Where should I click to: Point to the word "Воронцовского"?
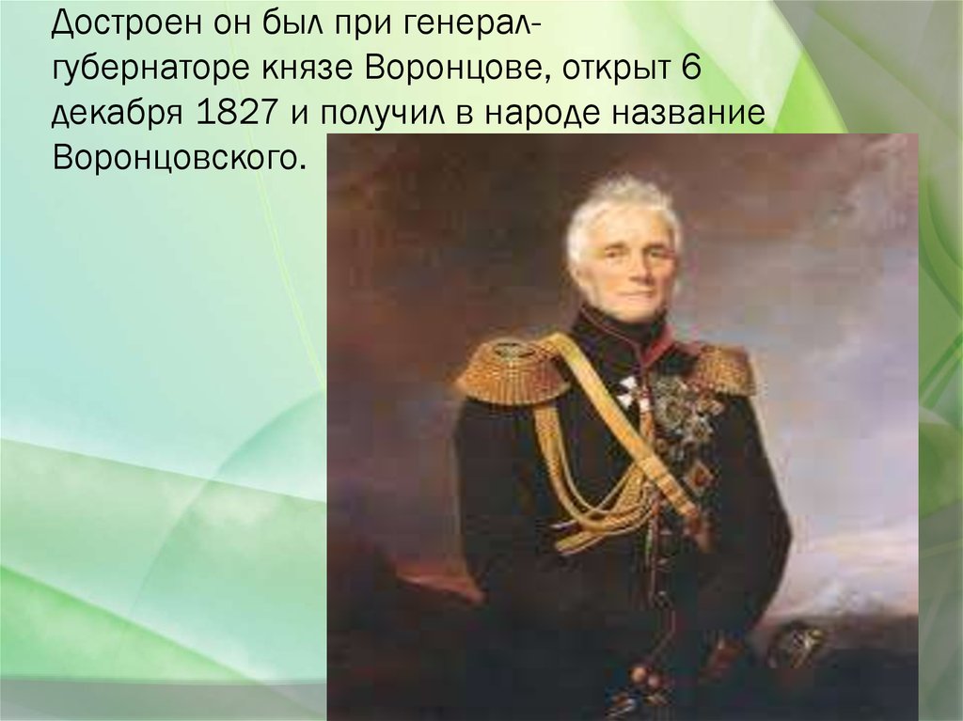180,156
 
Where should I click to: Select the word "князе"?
308,68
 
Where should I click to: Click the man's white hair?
620,203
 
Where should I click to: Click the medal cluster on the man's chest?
682,414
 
